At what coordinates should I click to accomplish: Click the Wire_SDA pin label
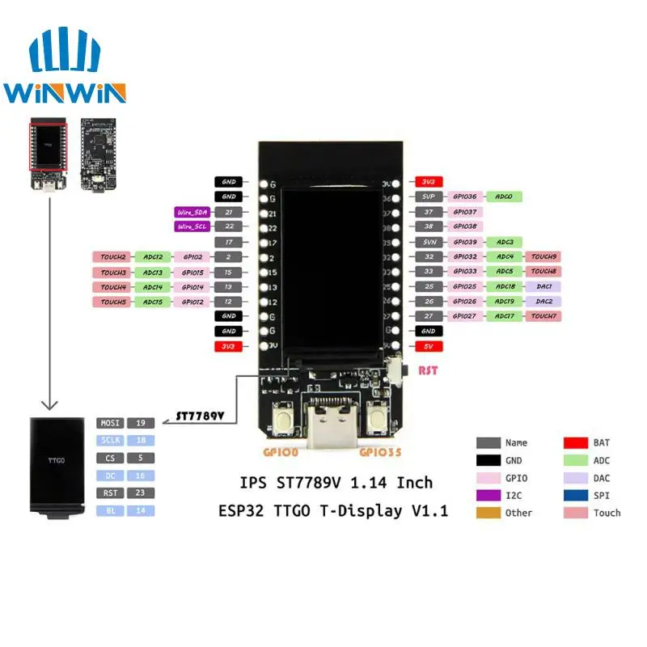(x=192, y=212)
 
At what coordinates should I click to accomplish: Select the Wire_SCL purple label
(x=192, y=226)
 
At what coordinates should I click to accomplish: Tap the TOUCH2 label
(x=114, y=256)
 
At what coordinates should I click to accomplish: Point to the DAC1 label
(x=543, y=286)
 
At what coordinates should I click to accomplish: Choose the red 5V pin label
(x=429, y=345)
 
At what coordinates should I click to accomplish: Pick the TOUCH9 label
(x=543, y=256)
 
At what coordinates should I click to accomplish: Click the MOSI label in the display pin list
(x=111, y=423)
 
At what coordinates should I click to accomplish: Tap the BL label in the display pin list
(x=111, y=510)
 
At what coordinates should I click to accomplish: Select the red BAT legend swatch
(x=574, y=442)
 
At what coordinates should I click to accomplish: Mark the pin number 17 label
(x=229, y=242)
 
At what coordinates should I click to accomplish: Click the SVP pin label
(x=429, y=197)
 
